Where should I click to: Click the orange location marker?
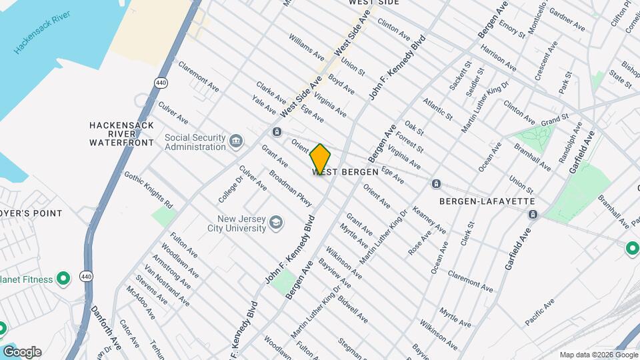[x=320, y=159]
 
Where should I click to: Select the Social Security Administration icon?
[x=235, y=141]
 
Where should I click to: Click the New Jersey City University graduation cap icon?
[x=275, y=223]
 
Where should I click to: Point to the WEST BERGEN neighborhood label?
[x=345, y=172]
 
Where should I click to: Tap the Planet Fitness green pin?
[x=63, y=279]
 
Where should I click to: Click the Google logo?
[x=21, y=352]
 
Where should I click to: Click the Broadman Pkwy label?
[x=290, y=188]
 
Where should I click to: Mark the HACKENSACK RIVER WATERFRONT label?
[x=121, y=133]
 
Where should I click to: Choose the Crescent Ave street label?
[x=545, y=60]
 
